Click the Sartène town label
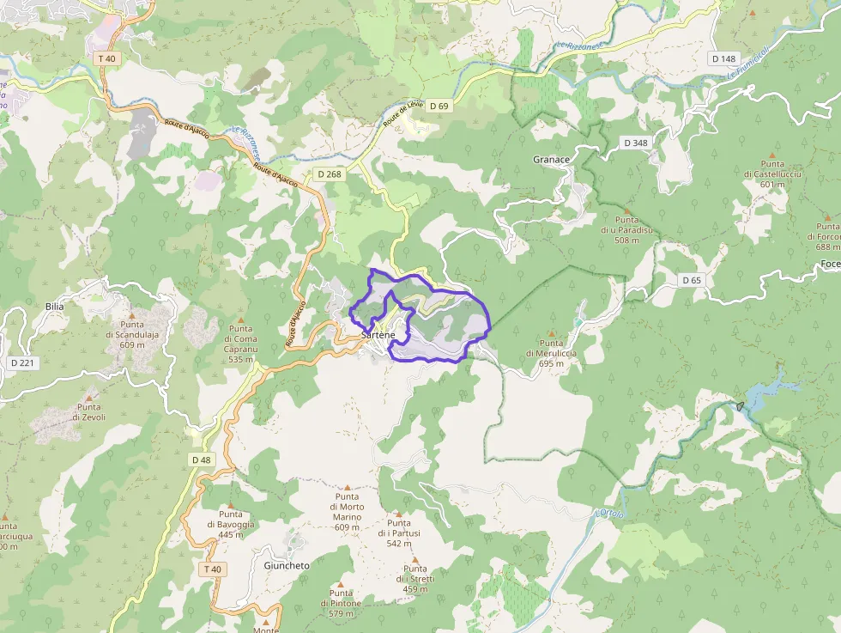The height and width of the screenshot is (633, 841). coord(378,333)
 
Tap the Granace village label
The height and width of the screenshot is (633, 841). coord(551,160)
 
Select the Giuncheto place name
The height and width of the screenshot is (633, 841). coord(287,566)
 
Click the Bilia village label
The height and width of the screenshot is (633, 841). coord(55,306)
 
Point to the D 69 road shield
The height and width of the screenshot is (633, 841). coord(439,106)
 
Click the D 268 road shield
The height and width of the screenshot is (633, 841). coord(329,174)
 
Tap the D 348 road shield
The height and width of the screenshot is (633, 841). coord(636,143)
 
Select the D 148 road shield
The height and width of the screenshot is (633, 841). coord(723,58)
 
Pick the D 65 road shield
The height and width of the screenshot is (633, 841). coord(692,280)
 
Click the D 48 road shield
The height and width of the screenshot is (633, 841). coord(201,460)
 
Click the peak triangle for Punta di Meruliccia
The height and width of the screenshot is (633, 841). coord(552,333)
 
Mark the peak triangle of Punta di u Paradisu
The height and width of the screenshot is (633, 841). coord(627,210)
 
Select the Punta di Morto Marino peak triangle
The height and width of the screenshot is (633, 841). coord(347,486)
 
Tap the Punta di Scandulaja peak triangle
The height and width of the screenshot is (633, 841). coord(131,314)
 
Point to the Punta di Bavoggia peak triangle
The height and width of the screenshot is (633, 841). coord(231,504)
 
